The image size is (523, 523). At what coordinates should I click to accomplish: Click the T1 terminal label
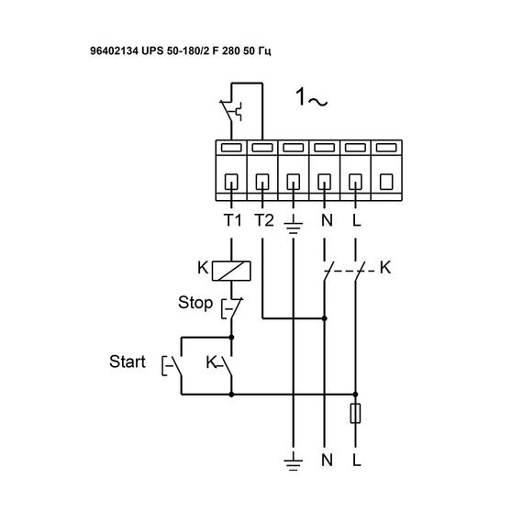point(230,220)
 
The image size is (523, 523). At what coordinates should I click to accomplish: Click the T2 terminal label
point(263,220)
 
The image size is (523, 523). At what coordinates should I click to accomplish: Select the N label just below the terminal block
point(324,220)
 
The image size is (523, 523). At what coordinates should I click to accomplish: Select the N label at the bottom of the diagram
point(324,457)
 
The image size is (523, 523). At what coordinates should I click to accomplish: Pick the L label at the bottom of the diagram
point(355,457)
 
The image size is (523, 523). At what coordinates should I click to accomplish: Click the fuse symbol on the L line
point(355,415)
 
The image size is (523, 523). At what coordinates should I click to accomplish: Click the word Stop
point(195,302)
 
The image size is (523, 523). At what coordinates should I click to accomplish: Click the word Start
point(127,362)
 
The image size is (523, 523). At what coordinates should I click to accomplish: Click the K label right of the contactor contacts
point(384,269)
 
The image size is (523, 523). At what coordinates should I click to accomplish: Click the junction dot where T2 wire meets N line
point(324,319)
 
